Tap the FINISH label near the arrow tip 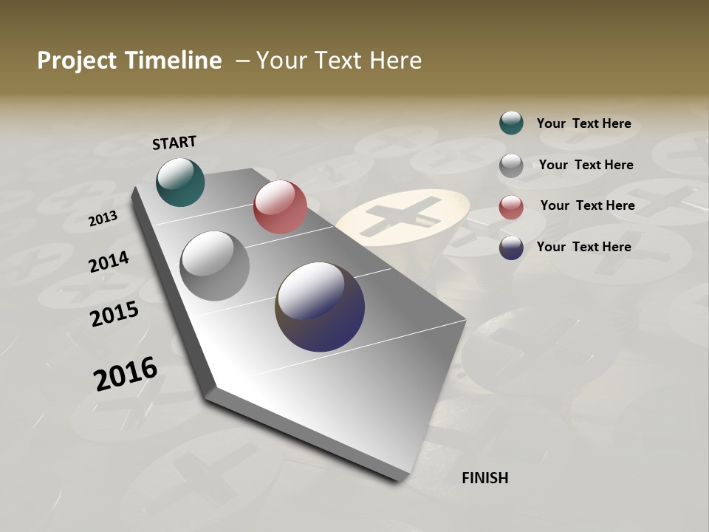(x=484, y=478)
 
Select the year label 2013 (x=103, y=219)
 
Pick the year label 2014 (x=109, y=262)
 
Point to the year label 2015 (x=114, y=314)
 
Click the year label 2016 (x=126, y=374)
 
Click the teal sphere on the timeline (x=180, y=182)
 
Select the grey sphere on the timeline (x=214, y=266)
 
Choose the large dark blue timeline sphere (x=320, y=307)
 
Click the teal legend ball (x=511, y=123)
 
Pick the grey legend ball (x=511, y=166)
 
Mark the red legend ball (x=511, y=206)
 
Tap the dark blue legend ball (x=511, y=248)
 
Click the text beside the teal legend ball (x=583, y=123)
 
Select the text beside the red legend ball (x=587, y=205)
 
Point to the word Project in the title (x=76, y=61)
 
